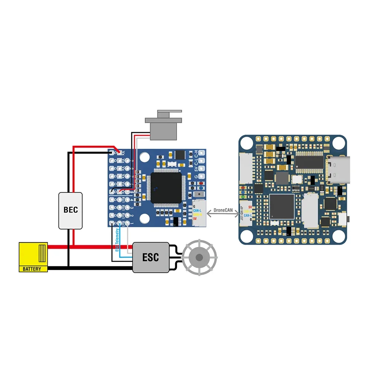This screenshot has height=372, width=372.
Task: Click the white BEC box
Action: click(70, 210)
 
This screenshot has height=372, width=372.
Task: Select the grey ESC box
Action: click(151, 257)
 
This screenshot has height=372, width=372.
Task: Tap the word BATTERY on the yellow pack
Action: click(33, 269)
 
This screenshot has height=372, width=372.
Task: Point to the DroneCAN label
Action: click(223, 210)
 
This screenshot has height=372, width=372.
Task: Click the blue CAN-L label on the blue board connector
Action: click(198, 211)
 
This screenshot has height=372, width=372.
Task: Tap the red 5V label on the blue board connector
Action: click(195, 219)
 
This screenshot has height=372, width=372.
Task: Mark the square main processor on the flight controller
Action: click(282, 206)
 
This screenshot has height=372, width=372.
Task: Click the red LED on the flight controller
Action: click(243, 187)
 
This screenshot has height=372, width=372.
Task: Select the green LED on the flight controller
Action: click(243, 196)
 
